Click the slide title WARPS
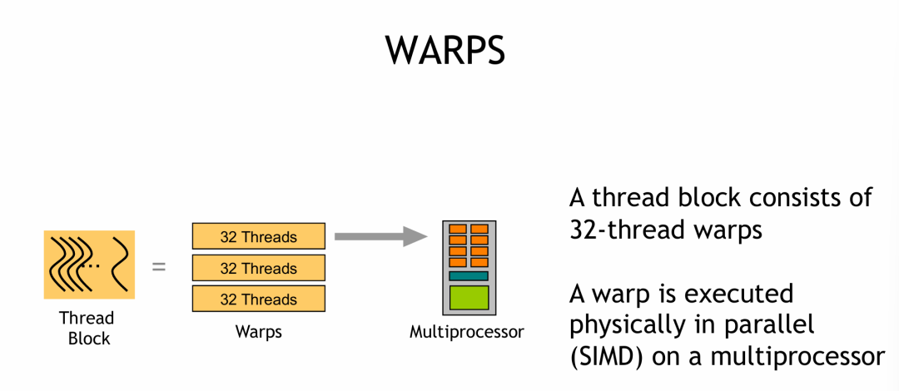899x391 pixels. (445, 50)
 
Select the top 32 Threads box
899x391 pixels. (258, 237)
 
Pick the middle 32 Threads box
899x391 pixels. (258, 268)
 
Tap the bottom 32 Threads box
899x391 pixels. (258, 299)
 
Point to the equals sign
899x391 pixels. (158, 268)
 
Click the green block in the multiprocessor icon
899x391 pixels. (468, 298)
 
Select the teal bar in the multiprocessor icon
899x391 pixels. (468, 275)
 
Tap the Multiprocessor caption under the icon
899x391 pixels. (467, 332)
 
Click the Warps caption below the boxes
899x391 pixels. (258, 332)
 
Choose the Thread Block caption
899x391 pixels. (87, 328)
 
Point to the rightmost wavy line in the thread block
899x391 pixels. (121, 264)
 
